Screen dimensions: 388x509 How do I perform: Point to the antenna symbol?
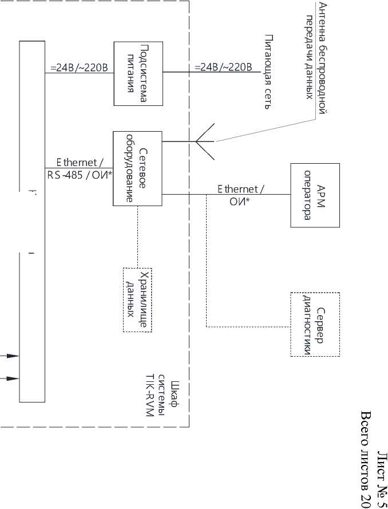coord(205,141)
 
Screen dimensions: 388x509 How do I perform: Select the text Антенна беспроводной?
coord(322,58)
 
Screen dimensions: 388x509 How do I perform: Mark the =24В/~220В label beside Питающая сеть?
coord(223,67)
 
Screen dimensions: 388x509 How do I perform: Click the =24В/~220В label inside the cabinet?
coord(79,68)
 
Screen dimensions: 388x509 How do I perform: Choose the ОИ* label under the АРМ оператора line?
coord(240,202)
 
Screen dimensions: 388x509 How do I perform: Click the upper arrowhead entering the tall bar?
coord(13,356)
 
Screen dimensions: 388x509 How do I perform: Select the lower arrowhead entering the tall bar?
coord(13,378)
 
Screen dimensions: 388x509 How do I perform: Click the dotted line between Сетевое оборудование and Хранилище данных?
coord(137,236)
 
